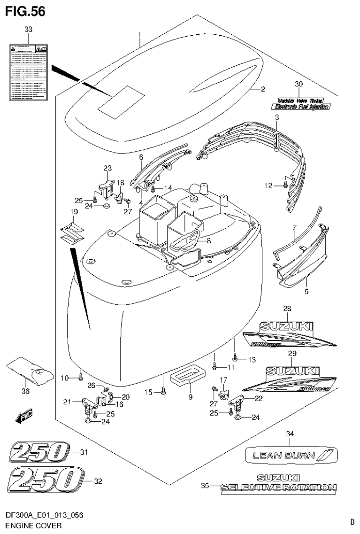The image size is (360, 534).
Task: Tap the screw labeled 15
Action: point(163,391)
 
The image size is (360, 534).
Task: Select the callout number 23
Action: point(107,169)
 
